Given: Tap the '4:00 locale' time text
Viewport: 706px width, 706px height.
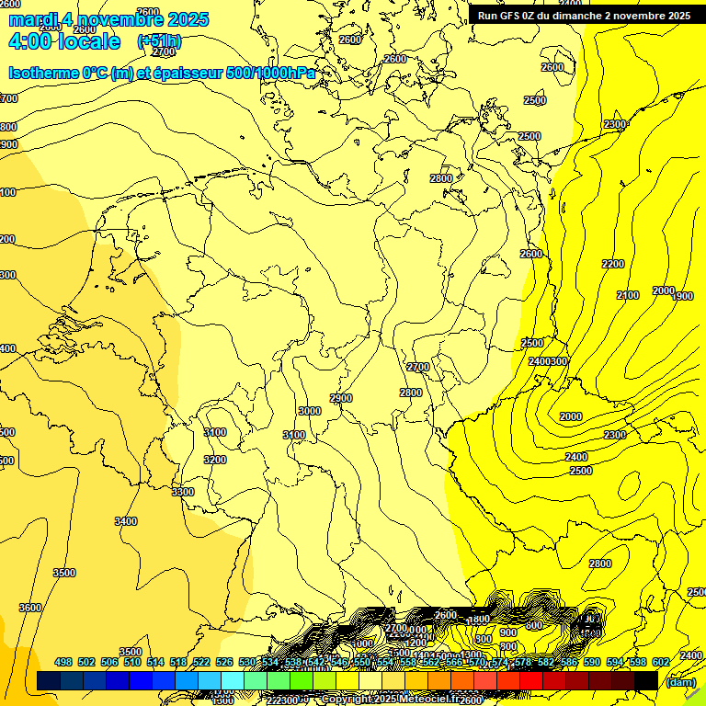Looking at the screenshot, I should click(64, 41).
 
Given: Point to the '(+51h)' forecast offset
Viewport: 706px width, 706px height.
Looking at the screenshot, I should click(159, 41).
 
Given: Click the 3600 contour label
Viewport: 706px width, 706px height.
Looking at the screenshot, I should click(30, 608).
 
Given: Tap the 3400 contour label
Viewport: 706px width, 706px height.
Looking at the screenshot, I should click(126, 521).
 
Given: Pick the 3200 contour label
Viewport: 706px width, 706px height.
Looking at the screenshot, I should click(215, 460).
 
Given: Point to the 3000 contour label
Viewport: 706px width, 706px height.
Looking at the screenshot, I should click(310, 411).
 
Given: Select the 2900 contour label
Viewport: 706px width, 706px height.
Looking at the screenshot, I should click(341, 398).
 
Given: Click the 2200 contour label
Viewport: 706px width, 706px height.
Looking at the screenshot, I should click(613, 264).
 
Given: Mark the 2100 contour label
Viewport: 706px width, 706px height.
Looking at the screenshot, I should click(628, 295).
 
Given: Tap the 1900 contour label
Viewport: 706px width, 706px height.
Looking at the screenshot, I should click(683, 296).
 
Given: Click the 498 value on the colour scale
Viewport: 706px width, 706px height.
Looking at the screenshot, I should click(63, 662).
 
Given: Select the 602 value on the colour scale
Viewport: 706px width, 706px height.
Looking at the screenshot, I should click(660, 662).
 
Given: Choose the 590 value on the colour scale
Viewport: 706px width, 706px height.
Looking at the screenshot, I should click(591, 662).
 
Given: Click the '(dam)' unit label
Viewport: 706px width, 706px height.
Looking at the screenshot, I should click(679, 682).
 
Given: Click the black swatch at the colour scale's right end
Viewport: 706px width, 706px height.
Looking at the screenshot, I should click(646, 680).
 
